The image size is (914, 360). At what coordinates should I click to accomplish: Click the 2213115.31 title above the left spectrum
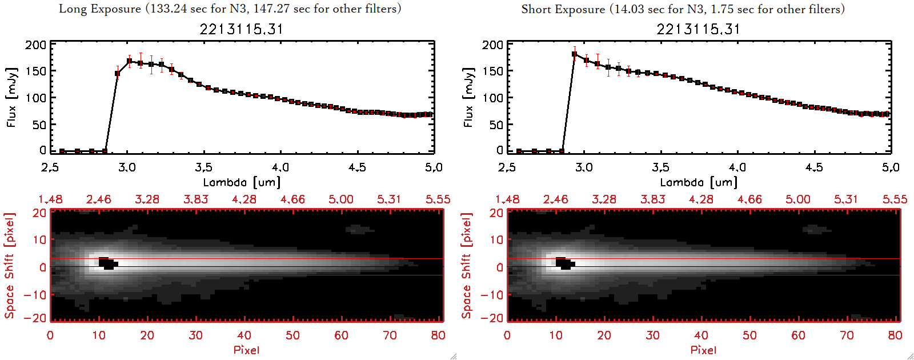coord(241,29)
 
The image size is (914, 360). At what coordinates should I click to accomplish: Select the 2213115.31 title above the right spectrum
coord(698,29)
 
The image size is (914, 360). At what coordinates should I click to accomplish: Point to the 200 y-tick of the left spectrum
coord(36,45)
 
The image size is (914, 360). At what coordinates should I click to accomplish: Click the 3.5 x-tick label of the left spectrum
coord(203,167)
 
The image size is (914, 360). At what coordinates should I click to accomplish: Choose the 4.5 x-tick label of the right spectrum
coord(814,167)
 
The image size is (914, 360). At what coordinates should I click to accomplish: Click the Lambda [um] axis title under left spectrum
coord(242,182)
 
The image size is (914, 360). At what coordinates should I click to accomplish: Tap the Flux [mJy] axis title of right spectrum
coord(469,97)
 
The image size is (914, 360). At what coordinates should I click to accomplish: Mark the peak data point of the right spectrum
coord(574,54)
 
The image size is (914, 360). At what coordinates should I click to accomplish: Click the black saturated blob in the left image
coord(107,263)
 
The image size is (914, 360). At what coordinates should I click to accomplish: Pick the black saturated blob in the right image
coord(565,263)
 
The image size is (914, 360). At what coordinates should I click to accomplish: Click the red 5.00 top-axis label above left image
coord(340,199)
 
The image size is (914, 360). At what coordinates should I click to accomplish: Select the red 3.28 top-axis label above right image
coord(604,199)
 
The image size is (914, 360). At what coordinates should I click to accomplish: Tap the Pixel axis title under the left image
coord(246,350)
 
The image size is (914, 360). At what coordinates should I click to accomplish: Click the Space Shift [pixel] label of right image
coord(467,266)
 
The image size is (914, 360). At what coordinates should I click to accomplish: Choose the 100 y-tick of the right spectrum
coord(493,98)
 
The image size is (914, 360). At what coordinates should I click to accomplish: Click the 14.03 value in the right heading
coord(630,9)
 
